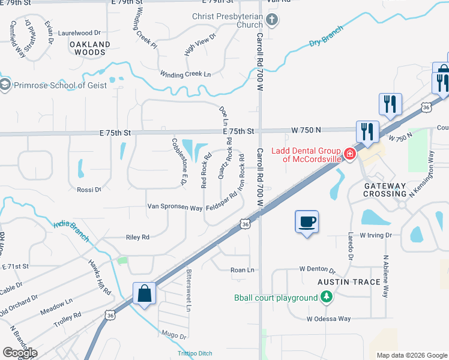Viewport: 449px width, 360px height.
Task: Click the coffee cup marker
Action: [307, 222]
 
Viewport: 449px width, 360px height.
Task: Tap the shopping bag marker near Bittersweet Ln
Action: [144, 293]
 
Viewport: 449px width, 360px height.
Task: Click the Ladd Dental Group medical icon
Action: [349, 154]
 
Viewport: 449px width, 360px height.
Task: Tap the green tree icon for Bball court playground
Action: [326, 296]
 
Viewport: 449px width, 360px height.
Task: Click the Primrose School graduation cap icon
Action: [5, 85]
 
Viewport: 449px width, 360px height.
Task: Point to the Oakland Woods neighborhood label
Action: [90, 48]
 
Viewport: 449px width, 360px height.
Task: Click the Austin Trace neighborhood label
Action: [349, 282]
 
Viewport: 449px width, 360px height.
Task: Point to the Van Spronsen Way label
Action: [175, 208]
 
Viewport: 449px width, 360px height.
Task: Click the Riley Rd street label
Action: [137, 238]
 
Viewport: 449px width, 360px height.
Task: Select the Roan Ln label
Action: [243, 270]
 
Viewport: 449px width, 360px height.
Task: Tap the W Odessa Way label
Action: [328, 319]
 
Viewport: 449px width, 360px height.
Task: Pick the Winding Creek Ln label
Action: [185, 74]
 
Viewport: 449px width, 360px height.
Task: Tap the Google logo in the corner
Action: [20, 352]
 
